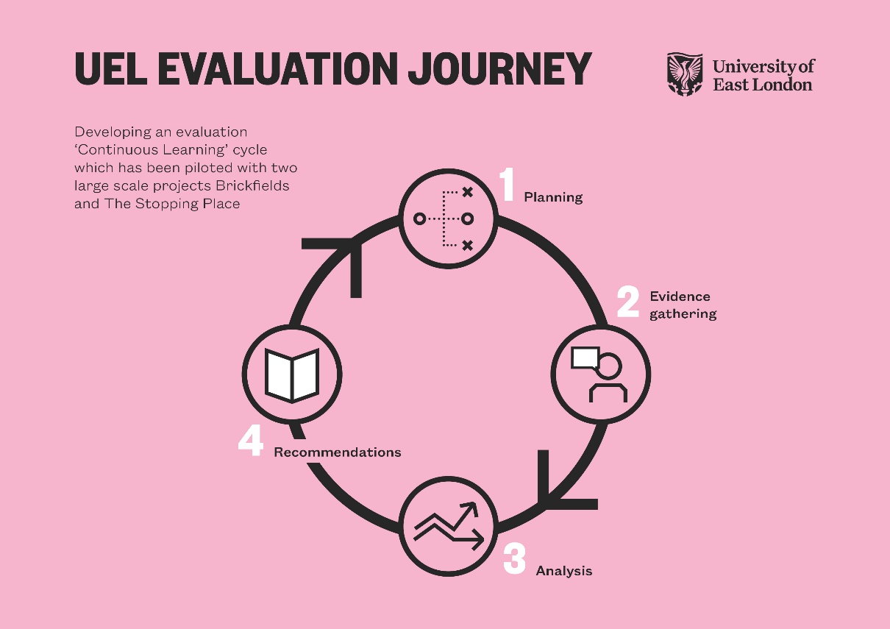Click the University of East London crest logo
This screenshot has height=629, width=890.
(685, 74)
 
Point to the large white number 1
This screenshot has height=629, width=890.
(507, 185)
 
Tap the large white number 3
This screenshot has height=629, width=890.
(514, 559)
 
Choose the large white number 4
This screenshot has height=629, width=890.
(250, 441)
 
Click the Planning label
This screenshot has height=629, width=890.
(553, 197)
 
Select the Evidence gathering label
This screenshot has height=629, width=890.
(682, 305)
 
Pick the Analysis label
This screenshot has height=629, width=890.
(563, 571)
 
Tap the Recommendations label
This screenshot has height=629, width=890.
(337, 452)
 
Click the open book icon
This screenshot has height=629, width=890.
(291, 375)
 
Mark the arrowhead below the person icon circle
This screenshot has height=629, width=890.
(563, 489)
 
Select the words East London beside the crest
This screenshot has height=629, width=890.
(762, 85)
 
